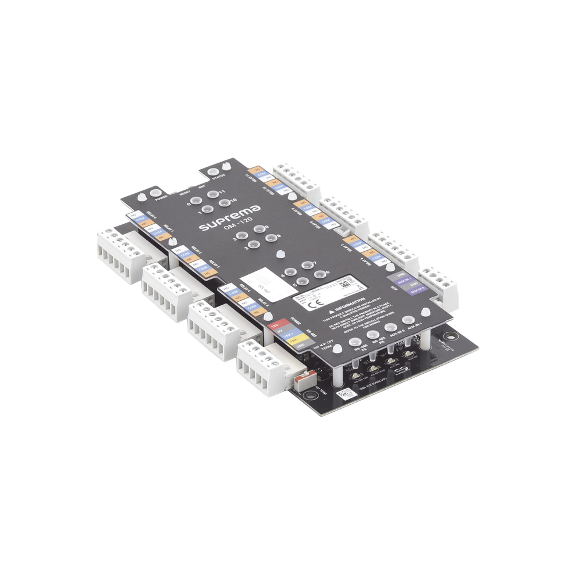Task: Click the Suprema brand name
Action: (230, 218)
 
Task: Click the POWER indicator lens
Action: (155, 195)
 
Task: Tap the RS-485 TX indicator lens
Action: (354, 343)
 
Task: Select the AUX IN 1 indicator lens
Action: (408, 320)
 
